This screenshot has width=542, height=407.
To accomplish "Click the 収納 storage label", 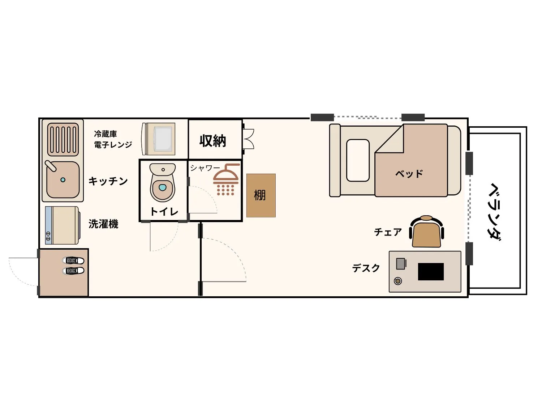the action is (x=212, y=141).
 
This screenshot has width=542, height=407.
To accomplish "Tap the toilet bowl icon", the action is (x=163, y=182).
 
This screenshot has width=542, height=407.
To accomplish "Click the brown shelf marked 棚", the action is (x=261, y=195).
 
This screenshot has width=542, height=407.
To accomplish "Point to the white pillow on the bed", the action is (x=358, y=160).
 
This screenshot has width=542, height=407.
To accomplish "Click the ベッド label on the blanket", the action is (x=409, y=174).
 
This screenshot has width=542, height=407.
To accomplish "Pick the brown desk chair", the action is (x=426, y=231).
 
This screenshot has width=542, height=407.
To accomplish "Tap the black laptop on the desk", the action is (x=431, y=272).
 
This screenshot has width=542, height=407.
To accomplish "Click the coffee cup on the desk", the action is (x=397, y=281).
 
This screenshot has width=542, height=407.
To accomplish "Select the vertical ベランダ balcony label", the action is (x=495, y=212).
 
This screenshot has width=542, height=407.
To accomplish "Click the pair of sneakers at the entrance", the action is (x=73, y=266).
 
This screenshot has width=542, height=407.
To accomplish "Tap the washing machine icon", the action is (x=62, y=225).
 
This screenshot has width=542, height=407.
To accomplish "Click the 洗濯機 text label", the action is (x=103, y=224).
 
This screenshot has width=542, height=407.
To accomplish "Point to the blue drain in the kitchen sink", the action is (x=63, y=180).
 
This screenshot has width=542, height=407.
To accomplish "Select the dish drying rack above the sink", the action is (x=63, y=140).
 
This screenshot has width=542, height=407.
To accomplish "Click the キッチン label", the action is (x=108, y=181).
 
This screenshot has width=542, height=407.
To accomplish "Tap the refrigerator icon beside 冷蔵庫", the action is (x=158, y=139).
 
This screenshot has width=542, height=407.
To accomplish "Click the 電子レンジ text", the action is (x=113, y=145).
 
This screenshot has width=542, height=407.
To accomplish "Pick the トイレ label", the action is (x=164, y=212).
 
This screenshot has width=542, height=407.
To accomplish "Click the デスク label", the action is (x=366, y=268).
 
